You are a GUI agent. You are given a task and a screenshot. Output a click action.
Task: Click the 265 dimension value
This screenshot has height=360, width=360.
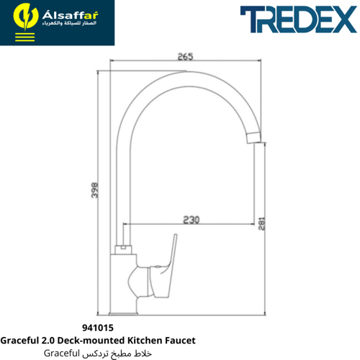click(x=185, y=56)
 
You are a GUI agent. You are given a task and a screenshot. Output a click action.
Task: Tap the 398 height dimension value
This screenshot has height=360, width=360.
click(x=95, y=190)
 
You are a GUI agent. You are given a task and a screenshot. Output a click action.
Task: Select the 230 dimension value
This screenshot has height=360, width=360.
click(x=192, y=220)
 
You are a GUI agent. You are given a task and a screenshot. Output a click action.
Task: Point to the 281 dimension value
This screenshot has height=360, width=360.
click(x=261, y=224)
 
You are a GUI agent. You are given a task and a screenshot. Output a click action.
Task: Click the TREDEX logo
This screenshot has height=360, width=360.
click(x=299, y=19)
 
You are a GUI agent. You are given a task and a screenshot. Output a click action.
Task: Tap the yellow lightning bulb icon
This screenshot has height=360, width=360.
click(x=26, y=17)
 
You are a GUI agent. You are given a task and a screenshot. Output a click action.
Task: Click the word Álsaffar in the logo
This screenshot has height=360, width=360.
click(x=70, y=15)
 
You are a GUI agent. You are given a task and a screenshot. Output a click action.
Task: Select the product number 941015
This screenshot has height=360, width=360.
click(x=98, y=328)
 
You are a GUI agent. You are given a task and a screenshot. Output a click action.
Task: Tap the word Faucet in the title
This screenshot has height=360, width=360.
click(x=180, y=341)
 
